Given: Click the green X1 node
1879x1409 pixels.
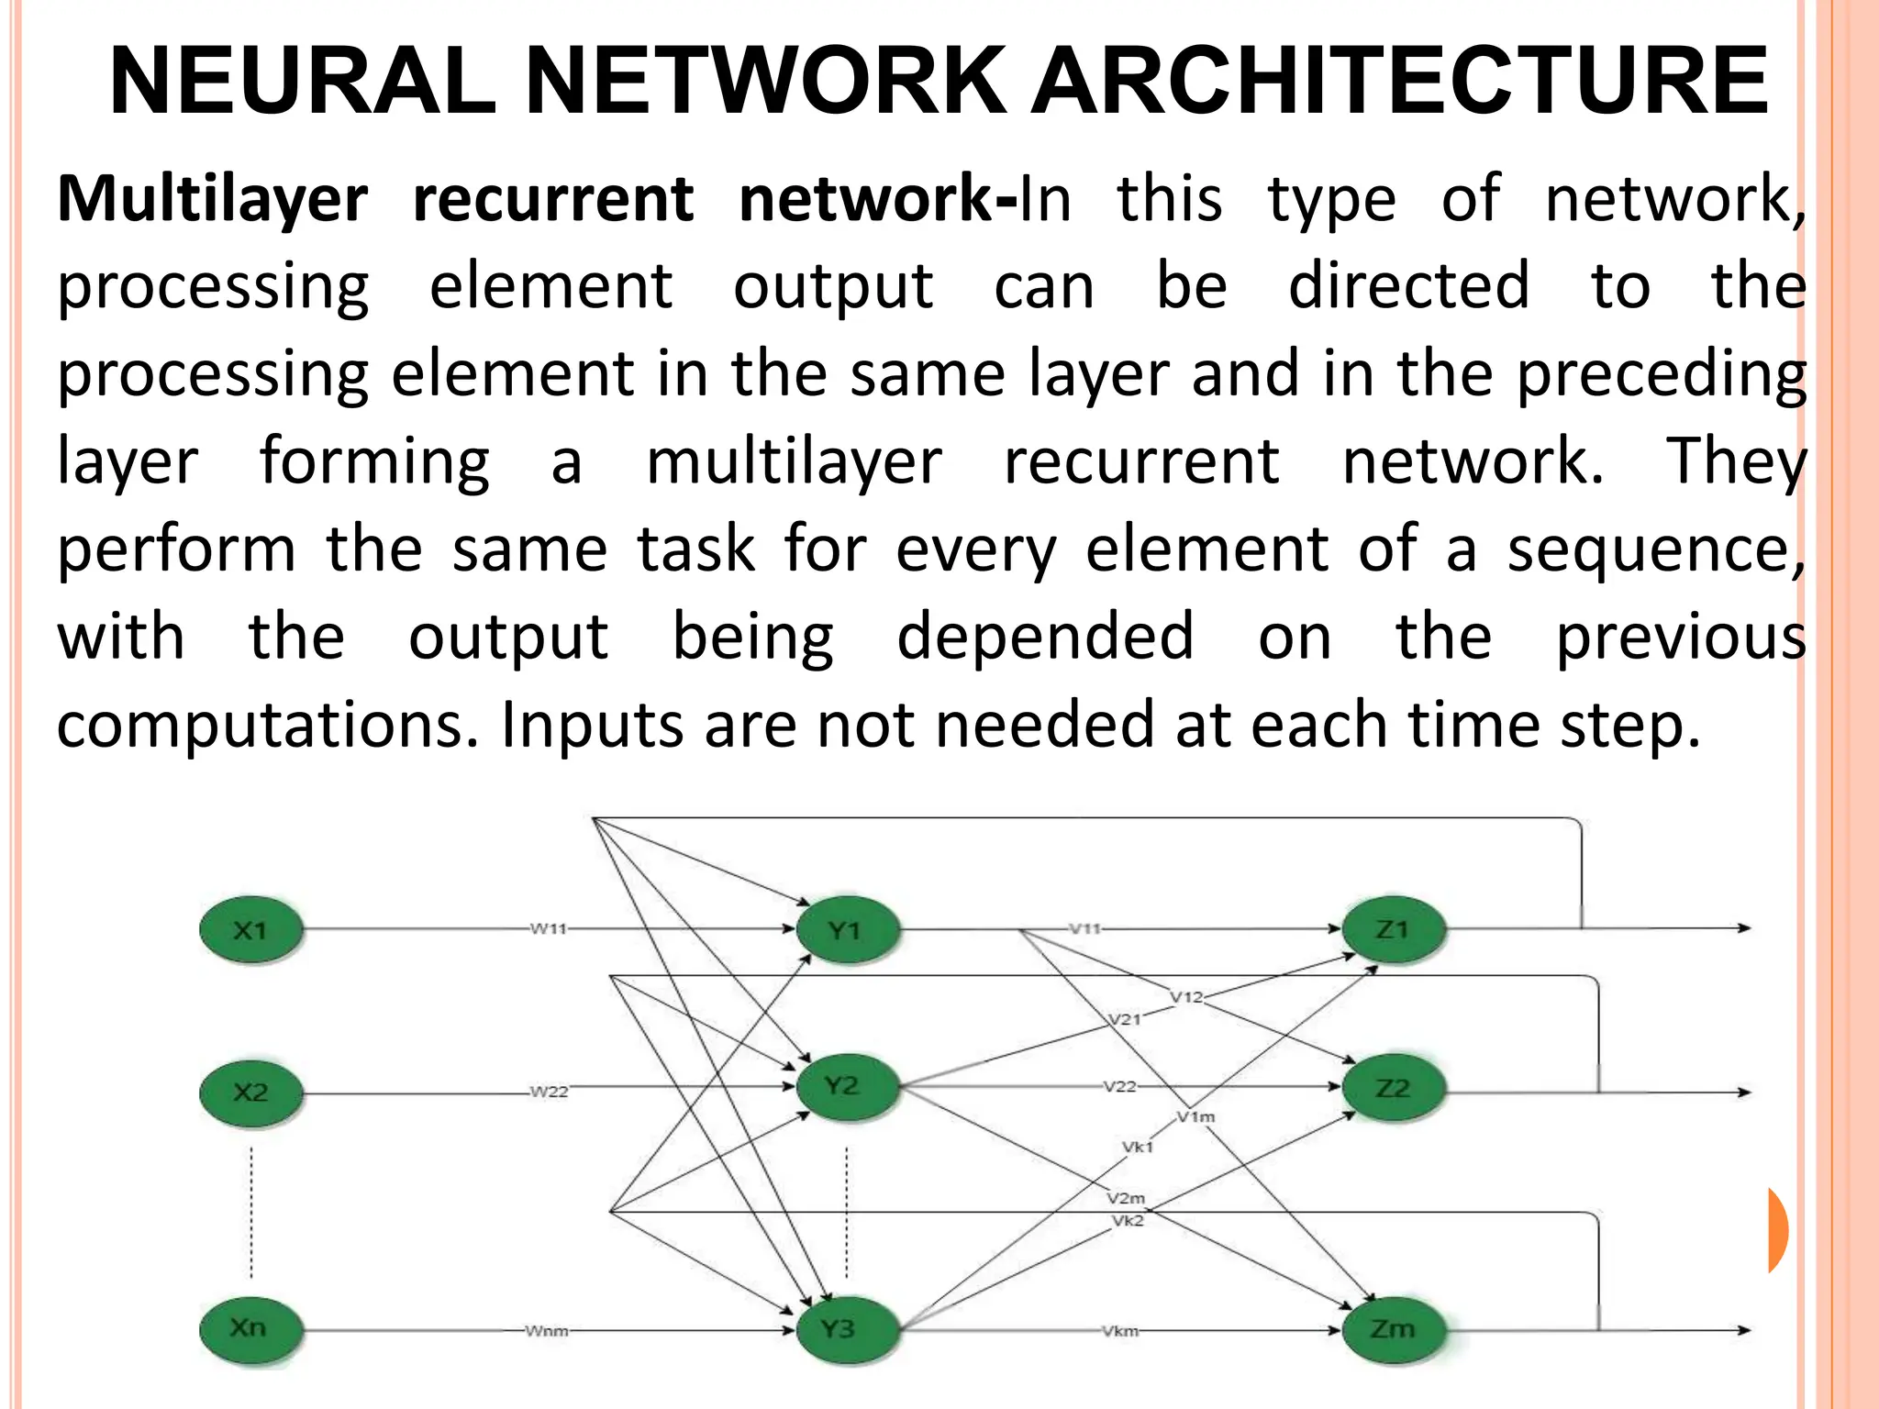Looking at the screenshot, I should [x=250, y=930].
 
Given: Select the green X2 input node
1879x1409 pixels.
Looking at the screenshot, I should [x=250, y=1093].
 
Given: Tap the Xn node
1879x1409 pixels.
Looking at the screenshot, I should [x=250, y=1327].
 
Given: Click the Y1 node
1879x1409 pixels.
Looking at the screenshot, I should [x=846, y=931].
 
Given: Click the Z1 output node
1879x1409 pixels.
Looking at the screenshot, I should [x=1393, y=929].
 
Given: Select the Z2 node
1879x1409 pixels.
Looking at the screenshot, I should [x=1393, y=1089].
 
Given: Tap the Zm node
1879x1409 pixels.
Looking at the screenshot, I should [x=1393, y=1328].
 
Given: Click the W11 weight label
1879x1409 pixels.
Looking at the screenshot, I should [x=549, y=928].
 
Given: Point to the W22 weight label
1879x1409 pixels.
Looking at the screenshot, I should [x=549, y=1092].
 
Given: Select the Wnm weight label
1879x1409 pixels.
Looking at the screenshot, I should [x=547, y=1330].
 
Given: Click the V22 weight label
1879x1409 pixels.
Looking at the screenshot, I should [x=1119, y=1087].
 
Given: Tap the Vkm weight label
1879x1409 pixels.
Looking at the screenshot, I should [x=1120, y=1330].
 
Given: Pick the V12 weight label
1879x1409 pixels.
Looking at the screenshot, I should [x=1186, y=997].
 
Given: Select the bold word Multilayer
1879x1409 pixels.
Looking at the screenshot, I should [x=213, y=199].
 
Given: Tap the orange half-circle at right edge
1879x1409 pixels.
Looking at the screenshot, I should [x=1777, y=1229].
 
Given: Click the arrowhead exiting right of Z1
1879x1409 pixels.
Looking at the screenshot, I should [x=1744, y=928].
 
